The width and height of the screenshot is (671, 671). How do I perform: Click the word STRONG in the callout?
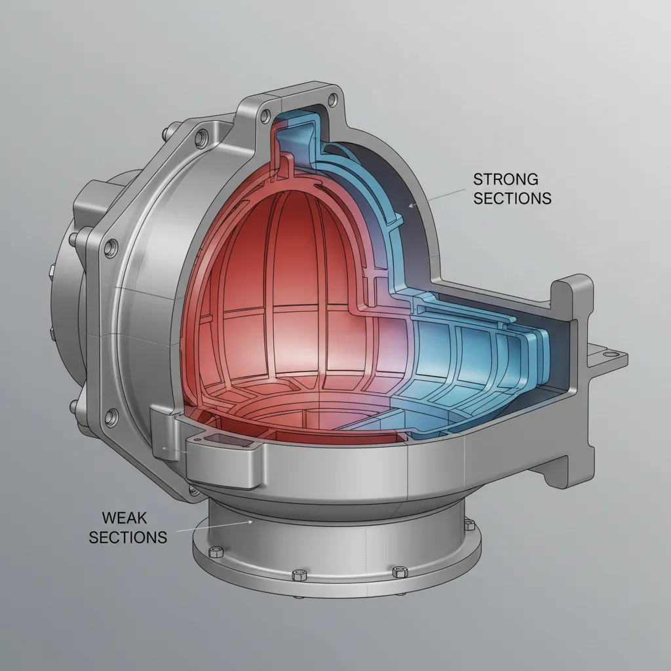(x=505, y=179)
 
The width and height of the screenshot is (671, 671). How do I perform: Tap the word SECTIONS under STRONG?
(x=512, y=198)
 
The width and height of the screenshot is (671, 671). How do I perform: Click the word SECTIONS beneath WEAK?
(x=128, y=537)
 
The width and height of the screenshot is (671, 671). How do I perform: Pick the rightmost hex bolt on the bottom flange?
(x=469, y=524)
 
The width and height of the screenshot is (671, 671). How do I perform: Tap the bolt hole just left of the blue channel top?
(x=265, y=116)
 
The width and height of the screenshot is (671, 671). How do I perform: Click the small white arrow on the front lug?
(x=164, y=449)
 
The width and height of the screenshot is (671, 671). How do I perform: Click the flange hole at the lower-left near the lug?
(x=111, y=415)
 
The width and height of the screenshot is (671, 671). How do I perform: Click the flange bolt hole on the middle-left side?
(x=111, y=247)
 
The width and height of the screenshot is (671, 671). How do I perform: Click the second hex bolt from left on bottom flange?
(x=299, y=574)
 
